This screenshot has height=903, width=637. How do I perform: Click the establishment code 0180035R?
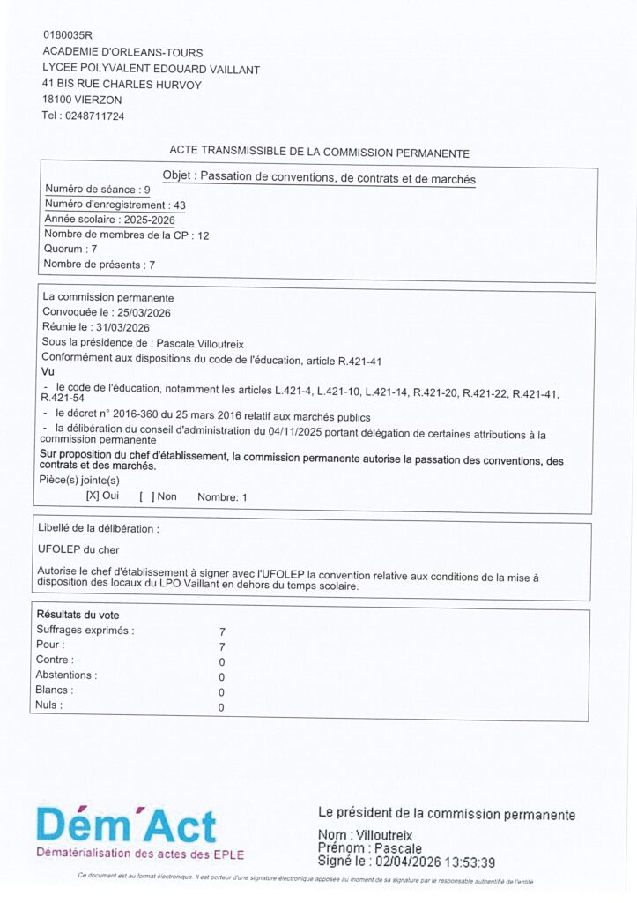click(67, 35)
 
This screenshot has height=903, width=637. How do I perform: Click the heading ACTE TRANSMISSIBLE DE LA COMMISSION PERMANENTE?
click(319, 153)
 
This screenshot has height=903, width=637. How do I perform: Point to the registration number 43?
click(180, 205)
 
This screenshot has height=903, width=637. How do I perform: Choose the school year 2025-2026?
click(150, 220)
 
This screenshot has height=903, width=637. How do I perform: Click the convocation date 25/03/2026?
click(144, 312)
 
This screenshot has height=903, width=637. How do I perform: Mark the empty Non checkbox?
click(146, 496)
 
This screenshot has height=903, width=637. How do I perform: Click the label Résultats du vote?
click(78, 615)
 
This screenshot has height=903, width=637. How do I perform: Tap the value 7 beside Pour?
click(222, 646)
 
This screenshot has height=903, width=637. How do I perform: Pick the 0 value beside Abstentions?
click(222, 676)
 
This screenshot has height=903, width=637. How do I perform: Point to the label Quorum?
click(62, 250)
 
